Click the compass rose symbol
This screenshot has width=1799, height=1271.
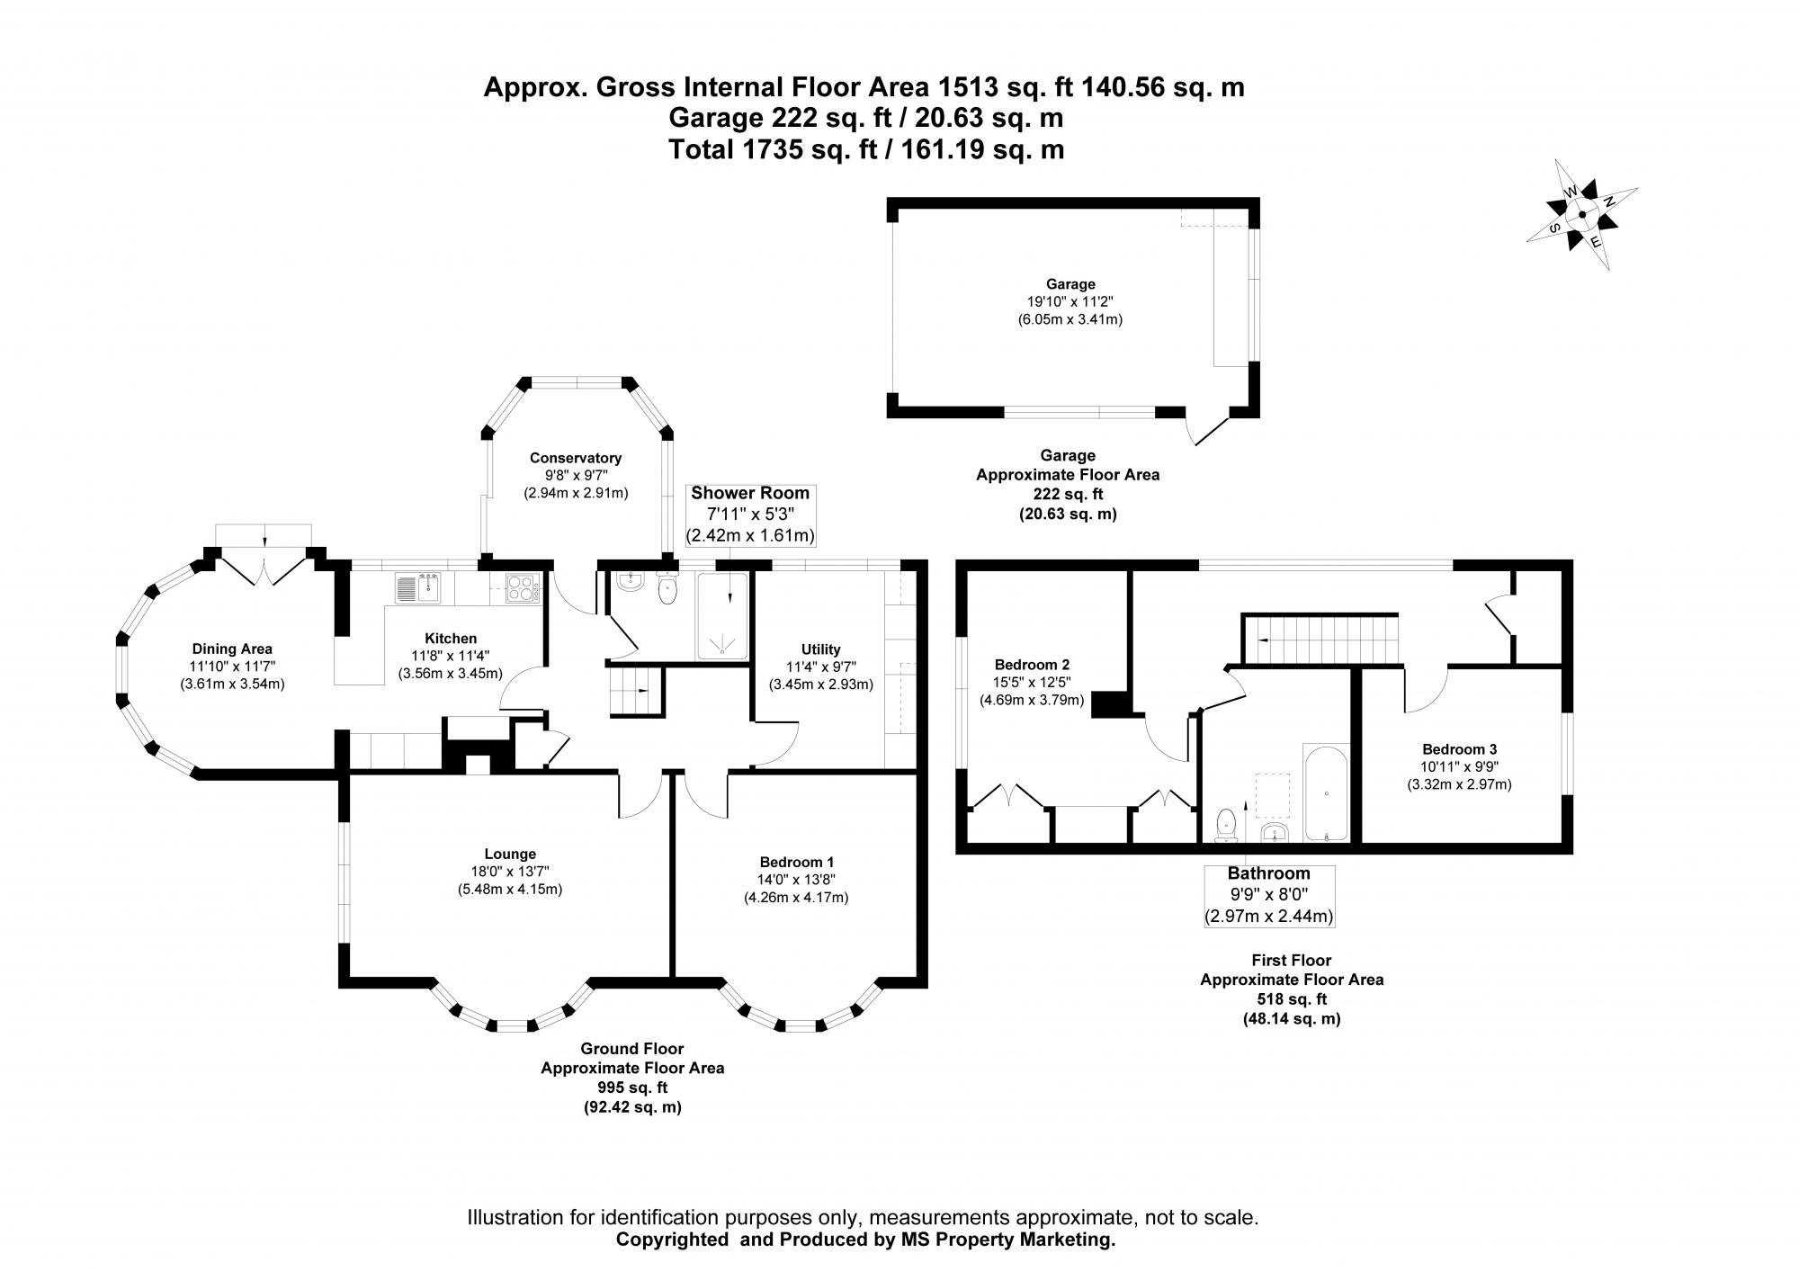coord(1581,215)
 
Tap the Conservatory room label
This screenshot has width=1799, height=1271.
coord(575,458)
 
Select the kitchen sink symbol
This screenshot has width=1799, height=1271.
coord(416,588)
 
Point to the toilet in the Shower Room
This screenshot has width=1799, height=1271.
coord(667,589)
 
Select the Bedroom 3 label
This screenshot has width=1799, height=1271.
coord(1459,749)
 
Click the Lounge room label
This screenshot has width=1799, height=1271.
coord(510,854)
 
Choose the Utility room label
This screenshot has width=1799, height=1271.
coord(820,649)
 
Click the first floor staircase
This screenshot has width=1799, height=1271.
coord(1320,639)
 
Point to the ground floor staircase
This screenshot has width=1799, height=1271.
coord(635,691)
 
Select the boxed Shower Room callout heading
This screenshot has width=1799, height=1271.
coord(750,494)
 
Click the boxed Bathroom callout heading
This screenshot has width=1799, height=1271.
coord(1268,873)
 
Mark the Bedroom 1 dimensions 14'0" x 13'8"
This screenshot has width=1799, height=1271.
coord(796,880)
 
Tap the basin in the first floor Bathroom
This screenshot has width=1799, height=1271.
coord(1275,832)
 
